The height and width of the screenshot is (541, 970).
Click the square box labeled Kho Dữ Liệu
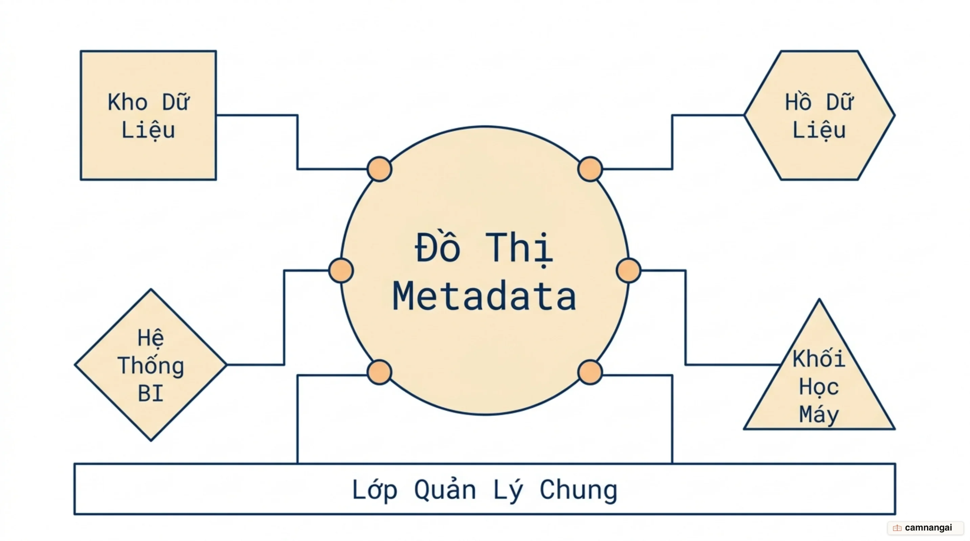click(x=149, y=115)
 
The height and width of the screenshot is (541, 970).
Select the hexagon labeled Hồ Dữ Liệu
click(x=820, y=115)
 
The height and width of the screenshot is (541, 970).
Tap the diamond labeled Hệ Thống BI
click(x=151, y=364)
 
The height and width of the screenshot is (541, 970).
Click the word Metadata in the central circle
click(x=484, y=297)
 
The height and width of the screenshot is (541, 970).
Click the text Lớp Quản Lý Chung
click(x=484, y=490)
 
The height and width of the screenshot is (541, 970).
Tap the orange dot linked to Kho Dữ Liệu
click(x=379, y=169)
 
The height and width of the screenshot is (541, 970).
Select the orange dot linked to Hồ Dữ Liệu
click(x=590, y=169)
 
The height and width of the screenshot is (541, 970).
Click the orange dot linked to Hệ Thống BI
click(x=341, y=270)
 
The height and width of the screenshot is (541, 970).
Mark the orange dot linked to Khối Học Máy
click(x=629, y=270)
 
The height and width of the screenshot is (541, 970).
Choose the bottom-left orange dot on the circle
click(x=379, y=372)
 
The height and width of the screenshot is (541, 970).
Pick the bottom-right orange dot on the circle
click(x=590, y=372)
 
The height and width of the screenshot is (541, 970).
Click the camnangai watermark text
click(x=928, y=527)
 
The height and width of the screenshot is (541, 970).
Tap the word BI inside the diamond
click(x=151, y=394)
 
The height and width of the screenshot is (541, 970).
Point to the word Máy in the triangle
click(x=819, y=415)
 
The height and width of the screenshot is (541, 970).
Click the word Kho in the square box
click(x=128, y=102)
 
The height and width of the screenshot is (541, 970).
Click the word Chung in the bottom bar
click(x=579, y=490)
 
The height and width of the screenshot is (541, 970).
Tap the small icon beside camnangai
click(x=897, y=528)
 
